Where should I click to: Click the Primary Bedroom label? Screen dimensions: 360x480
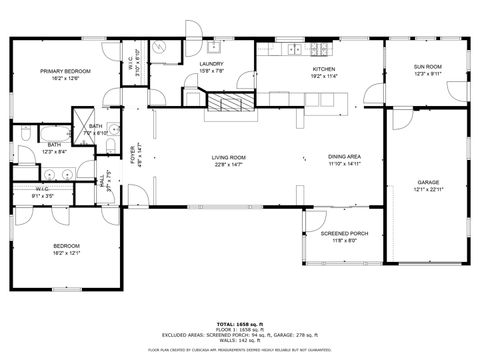65,71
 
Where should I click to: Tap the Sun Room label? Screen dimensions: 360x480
427,68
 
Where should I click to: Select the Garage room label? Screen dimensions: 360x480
428,182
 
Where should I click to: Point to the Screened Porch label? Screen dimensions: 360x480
344,234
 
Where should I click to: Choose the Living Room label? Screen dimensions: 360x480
228,157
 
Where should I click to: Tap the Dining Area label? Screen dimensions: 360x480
344,157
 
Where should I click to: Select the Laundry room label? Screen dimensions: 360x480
211,65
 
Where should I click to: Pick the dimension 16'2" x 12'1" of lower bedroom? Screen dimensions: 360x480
66,252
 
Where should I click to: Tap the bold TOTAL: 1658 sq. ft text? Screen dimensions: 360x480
240,324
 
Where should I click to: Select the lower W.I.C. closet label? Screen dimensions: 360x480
41,188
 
